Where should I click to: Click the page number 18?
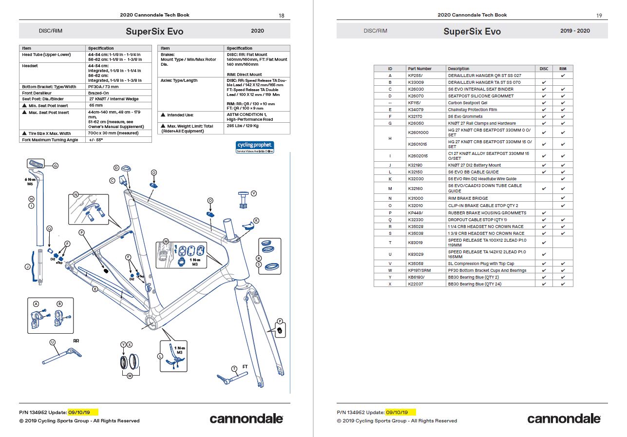281,16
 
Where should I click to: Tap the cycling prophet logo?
255,147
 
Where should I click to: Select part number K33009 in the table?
416,82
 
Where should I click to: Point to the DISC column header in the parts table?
544,69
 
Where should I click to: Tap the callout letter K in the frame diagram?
256,221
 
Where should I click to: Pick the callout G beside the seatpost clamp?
55,166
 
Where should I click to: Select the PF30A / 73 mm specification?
103,87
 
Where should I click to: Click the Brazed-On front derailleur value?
99,93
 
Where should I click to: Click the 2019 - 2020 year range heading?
575,31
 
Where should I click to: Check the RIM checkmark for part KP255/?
563,76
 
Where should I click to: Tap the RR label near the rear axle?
76,341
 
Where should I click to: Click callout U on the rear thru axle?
53,342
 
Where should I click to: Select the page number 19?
599,16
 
